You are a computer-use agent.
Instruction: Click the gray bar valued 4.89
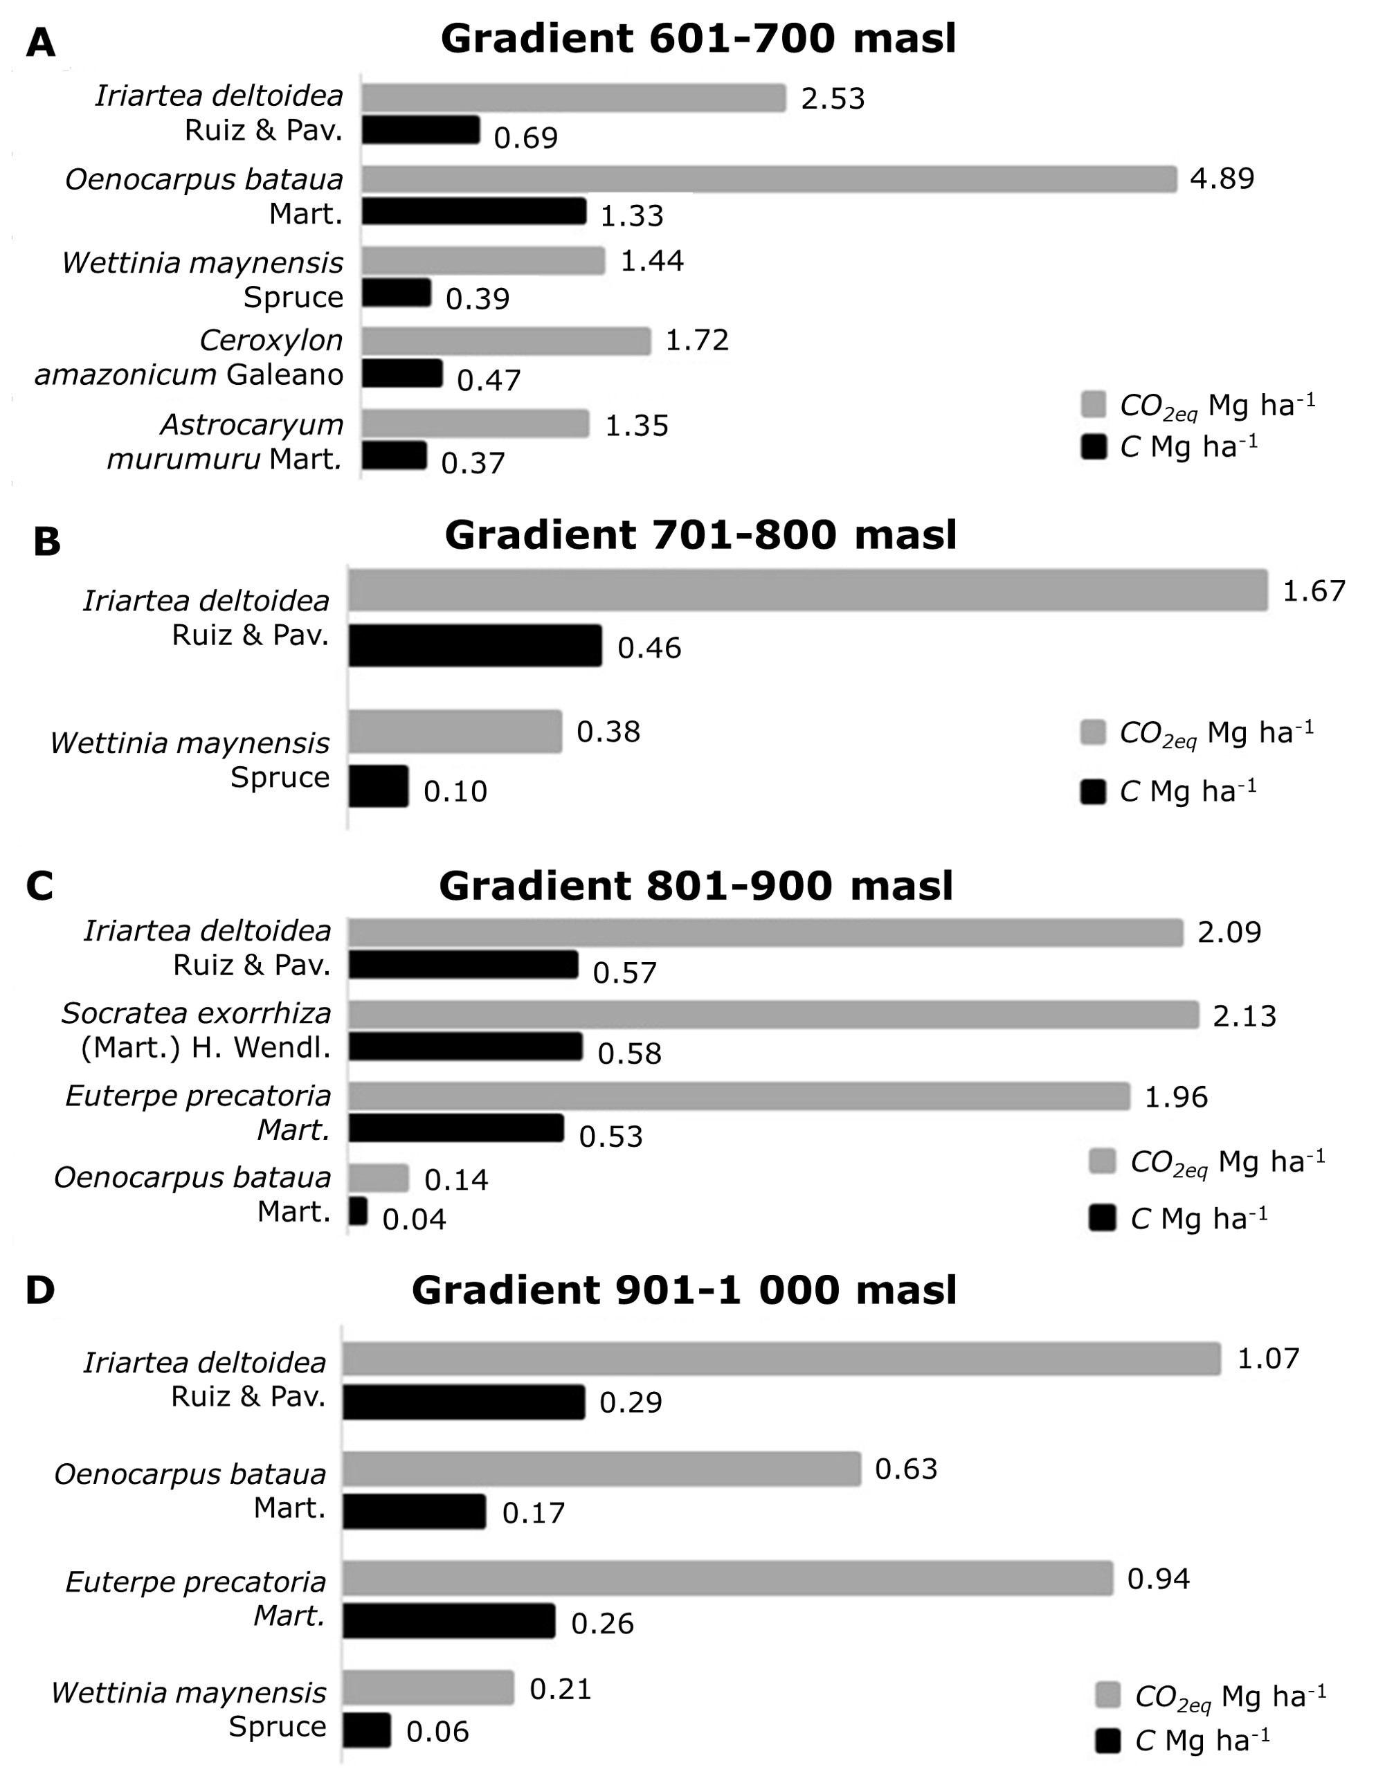[768, 179]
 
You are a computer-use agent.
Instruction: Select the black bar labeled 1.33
[474, 211]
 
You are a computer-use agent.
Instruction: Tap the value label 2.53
[833, 99]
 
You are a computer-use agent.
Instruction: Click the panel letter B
[46, 542]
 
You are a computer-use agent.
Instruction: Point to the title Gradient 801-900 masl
[696, 886]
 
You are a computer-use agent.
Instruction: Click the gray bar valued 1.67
[807, 590]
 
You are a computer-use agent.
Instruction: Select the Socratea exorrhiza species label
[196, 1030]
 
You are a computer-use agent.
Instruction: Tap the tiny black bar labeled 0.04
[358, 1211]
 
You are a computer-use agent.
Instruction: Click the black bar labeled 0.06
[366, 1730]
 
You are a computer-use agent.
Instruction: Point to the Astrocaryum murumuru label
[225, 442]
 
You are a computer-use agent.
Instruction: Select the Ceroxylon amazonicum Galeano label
[190, 357]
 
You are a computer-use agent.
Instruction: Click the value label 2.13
[1244, 1016]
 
